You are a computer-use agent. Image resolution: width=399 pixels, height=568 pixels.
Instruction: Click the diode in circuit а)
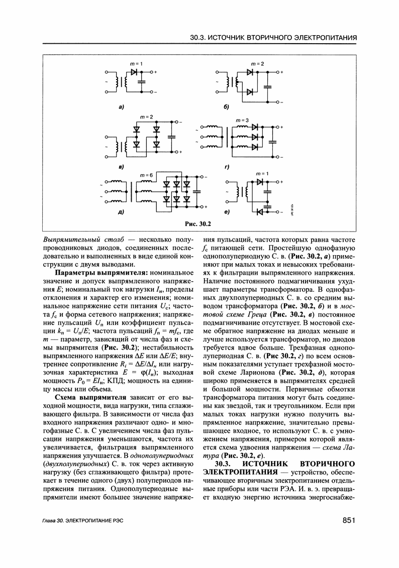coord(134,72)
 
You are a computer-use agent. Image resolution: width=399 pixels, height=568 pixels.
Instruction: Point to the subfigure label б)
coord(226,107)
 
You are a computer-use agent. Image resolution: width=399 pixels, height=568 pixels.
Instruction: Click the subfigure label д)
coord(121,212)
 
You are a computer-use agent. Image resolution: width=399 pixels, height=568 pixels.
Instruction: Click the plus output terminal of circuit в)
coord(180,151)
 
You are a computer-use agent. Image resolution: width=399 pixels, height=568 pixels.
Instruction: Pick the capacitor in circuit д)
coord(195,191)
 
